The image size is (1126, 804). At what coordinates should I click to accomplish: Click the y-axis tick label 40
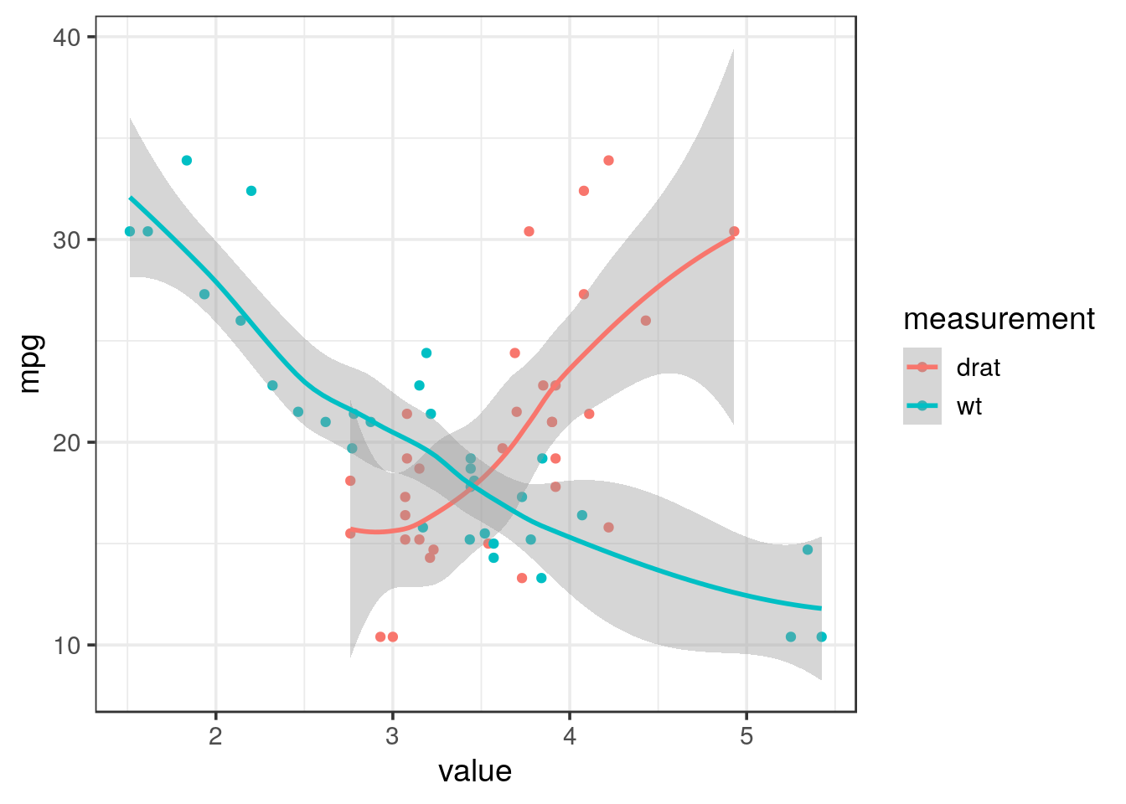coord(68,38)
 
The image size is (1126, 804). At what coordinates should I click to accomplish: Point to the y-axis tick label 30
coord(68,240)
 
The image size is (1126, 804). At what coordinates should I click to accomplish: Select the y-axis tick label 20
coord(68,443)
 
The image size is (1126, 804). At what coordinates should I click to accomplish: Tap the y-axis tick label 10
coord(68,646)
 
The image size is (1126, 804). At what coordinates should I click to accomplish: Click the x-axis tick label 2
coord(215,736)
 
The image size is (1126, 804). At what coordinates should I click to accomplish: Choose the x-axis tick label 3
coord(392,736)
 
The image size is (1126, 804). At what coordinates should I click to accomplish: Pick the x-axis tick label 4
coord(570,736)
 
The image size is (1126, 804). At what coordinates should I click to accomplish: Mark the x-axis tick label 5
coord(746,736)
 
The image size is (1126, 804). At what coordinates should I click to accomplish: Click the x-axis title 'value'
coord(475,771)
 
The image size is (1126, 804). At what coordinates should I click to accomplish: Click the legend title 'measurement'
coord(999,319)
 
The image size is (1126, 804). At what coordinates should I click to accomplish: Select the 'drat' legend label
coord(978,368)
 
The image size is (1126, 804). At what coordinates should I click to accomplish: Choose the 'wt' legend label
coord(969,407)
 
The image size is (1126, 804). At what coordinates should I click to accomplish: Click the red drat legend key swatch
coord(922,367)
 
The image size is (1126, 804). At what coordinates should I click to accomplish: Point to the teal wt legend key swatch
coord(922,406)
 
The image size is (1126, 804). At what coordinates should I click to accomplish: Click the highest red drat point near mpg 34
coord(608,161)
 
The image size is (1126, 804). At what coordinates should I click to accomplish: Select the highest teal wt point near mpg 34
coord(187,161)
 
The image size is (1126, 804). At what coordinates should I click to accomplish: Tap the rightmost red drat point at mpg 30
coord(734,232)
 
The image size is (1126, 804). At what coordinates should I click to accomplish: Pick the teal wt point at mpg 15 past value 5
coord(808,549)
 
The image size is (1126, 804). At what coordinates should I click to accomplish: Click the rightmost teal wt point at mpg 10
coord(821,637)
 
